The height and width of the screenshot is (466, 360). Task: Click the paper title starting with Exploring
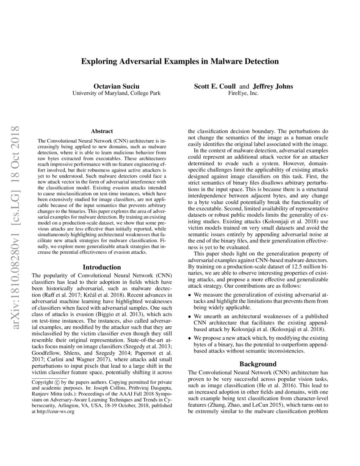click(x=180, y=61)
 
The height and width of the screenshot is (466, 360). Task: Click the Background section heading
click(x=258, y=364)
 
